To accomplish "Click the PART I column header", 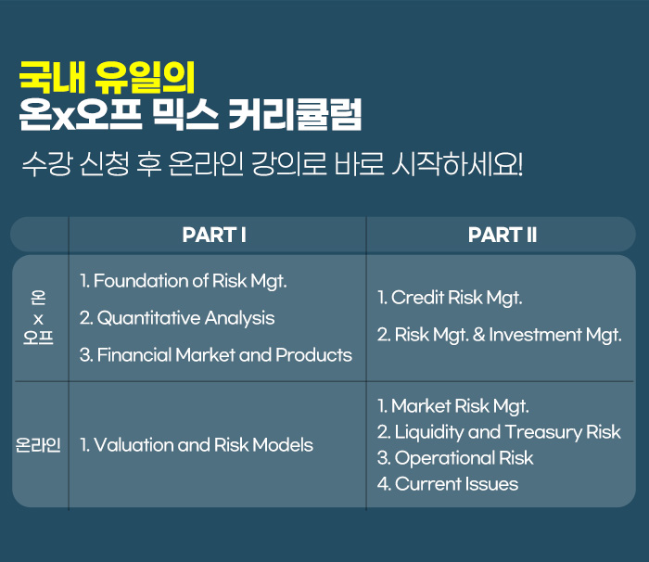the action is pyautogui.click(x=214, y=235).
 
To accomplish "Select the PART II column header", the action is pyautogui.click(x=503, y=235).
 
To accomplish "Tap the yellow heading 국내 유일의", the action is pyautogui.click(x=107, y=77).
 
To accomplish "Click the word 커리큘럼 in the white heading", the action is pyautogui.click(x=295, y=115).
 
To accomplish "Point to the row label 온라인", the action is pyautogui.click(x=38, y=445).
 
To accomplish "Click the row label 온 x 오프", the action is pyautogui.click(x=38, y=318).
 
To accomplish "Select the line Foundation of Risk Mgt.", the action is pyautogui.click(x=184, y=281).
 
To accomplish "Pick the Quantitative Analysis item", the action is pyautogui.click(x=177, y=318).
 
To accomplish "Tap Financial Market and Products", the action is pyautogui.click(x=216, y=355).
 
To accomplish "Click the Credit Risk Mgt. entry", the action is pyautogui.click(x=450, y=298).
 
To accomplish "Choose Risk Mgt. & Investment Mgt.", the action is pyautogui.click(x=500, y=335).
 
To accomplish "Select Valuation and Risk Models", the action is pyautogui.click(x=197, y=445).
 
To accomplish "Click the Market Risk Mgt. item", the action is pyautogui.click(x=453, y=406).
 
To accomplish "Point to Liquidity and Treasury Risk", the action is pyautogui.click(x=499, y=432).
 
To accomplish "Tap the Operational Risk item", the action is pyautogui.click(x=455, y=458).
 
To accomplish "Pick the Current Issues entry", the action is pyautogui.click(x=448, y=484).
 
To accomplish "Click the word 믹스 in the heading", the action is pyautogui.click(x=185, y=115).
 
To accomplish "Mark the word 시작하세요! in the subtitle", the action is pyautogui.click(x=457, y=164).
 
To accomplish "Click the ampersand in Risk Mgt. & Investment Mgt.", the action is pyautogui.click(x=479, y=335).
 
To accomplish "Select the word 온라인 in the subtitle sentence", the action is pyautogui.click(x=206, y=164).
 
